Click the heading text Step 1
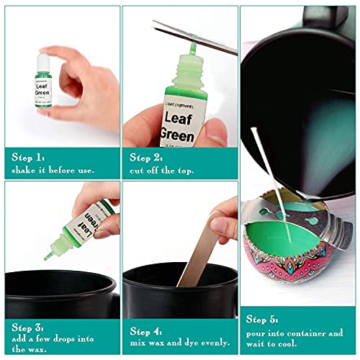tap(29, 156)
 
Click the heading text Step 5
tap(264, 319)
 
